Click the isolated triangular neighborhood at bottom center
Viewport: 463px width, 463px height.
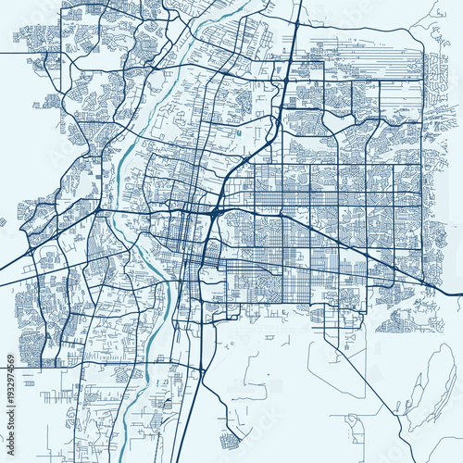(229, 437)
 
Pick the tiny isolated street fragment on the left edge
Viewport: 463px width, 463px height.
(4, 221)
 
